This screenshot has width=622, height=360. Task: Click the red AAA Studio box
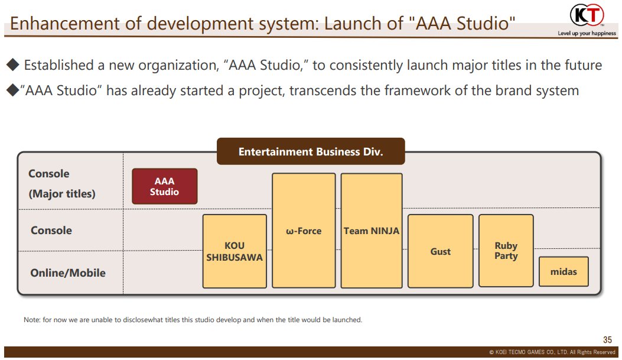[x=165, y=186]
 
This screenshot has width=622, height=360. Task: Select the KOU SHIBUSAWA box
[x=235, y=251]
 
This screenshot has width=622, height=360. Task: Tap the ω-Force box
[x=304, y=230]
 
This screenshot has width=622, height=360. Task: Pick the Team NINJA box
[x=372, y=230]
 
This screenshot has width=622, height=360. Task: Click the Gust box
[x=440, y=251]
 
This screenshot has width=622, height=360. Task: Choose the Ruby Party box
[x=506, y=251]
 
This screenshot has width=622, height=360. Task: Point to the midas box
[x=564, y=271]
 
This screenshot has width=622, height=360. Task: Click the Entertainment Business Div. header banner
[x=311, y=151]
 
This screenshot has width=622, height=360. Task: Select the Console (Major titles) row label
[x=62, y=183]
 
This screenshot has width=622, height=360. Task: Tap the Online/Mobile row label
[x=68, y=273]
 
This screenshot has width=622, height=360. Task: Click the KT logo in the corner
[x=587, y=15]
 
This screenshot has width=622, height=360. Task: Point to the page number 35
[x=607, y=340]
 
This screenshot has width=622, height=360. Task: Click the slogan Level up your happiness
[x=587, y=33]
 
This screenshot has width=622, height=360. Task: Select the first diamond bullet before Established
[x=12, y=64]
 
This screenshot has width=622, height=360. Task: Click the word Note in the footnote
[x=31, y=320]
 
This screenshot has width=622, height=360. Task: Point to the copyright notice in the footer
[x=552, y=352]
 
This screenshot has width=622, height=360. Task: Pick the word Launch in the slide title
[x=353, y=24]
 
